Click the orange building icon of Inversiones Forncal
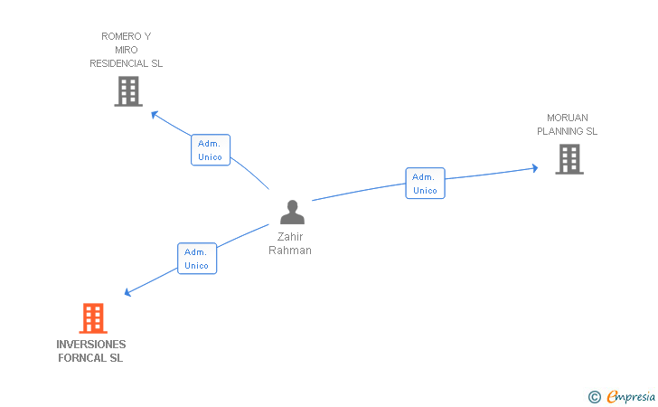[93, 318]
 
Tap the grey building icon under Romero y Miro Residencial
[128, 91]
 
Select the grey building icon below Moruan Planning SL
[569, 159]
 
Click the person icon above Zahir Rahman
[293, 213]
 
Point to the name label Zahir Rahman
[290, 243]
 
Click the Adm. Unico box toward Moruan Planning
[425, 183]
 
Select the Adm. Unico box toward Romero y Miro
[211, 150]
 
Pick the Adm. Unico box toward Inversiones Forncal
[197, 259]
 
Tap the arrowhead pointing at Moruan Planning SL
[535, 168]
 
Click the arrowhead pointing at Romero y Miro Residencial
[155, 114]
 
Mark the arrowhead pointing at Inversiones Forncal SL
[128, 292]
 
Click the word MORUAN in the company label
[568, 118]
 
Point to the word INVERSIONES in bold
[91, 345]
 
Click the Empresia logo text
[631, 397]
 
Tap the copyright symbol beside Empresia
[595, 397]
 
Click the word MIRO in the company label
[127, 50]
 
